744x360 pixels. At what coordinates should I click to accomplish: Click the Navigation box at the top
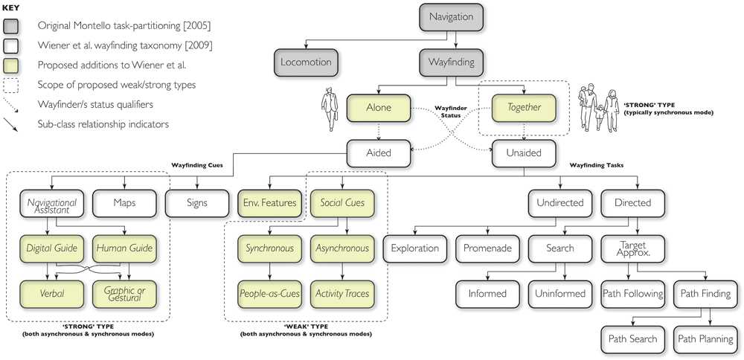point(451,16)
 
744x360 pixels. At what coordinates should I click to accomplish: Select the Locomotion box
point(306,62)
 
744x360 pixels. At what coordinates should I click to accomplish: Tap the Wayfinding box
point(451,62)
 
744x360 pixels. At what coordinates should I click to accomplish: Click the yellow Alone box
point(378,107)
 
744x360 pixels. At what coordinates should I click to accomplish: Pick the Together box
point(524,107)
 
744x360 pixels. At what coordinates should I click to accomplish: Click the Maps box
point(124,202)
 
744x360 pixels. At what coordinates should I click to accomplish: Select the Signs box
point(196,202)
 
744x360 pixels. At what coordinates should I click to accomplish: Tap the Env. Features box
point(269,202)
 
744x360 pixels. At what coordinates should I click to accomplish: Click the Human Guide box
point(124,248)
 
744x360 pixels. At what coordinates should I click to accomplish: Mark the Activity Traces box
point(341,294)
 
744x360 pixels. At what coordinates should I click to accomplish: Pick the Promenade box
point(487,248)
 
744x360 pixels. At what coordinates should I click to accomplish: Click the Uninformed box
point(559,294)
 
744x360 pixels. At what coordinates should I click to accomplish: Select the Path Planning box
point(705,339)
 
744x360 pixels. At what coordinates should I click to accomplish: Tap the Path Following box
point(632,294)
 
